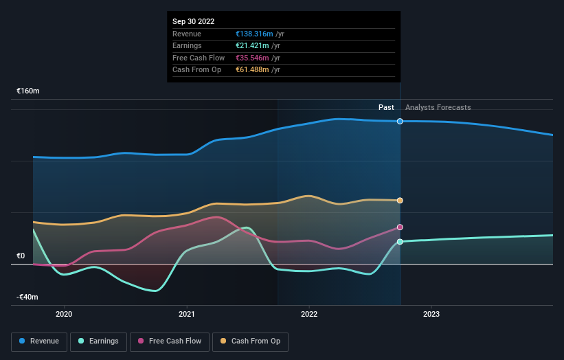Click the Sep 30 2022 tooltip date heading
pos(194,21)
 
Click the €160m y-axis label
pos(28,91)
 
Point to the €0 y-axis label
pos(21,256)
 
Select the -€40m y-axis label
pos(28,297)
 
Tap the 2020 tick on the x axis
pos(64,315)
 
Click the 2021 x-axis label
pos(187,315)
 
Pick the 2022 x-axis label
pos(309,315)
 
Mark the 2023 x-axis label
pos(431,315)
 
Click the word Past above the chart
pos(386,107)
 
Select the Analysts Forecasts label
pos(438,107)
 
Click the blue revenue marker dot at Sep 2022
pos(400,121)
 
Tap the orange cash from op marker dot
pos(400,201)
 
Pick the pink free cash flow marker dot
pos(400,227)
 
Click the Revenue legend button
pos(40,341)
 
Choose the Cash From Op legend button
pos(251,341)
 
